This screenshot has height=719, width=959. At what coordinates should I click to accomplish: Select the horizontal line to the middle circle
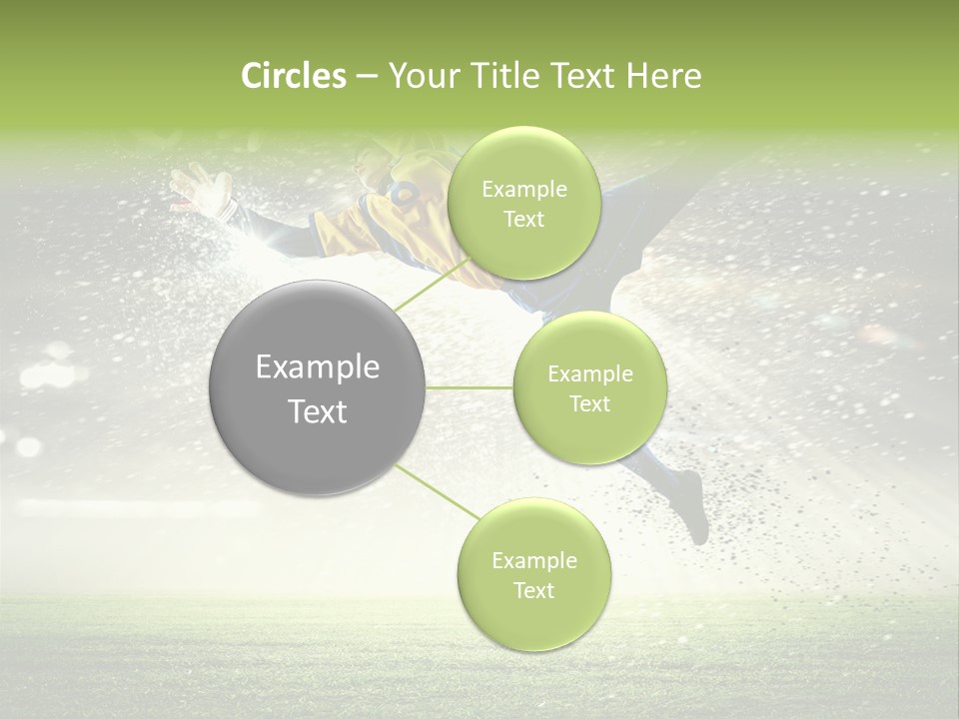click(470, 387)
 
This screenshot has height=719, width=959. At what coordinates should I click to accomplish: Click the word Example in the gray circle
click(318, 367)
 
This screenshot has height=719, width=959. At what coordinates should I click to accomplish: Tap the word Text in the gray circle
click(318, 411)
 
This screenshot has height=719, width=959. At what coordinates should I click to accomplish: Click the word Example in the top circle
click(523, 190)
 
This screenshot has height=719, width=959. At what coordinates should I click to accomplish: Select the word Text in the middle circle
click(590, 403)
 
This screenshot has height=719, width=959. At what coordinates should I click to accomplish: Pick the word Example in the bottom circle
click(533, 561)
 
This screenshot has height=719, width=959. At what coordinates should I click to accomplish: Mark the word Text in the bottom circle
click(533, 590)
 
